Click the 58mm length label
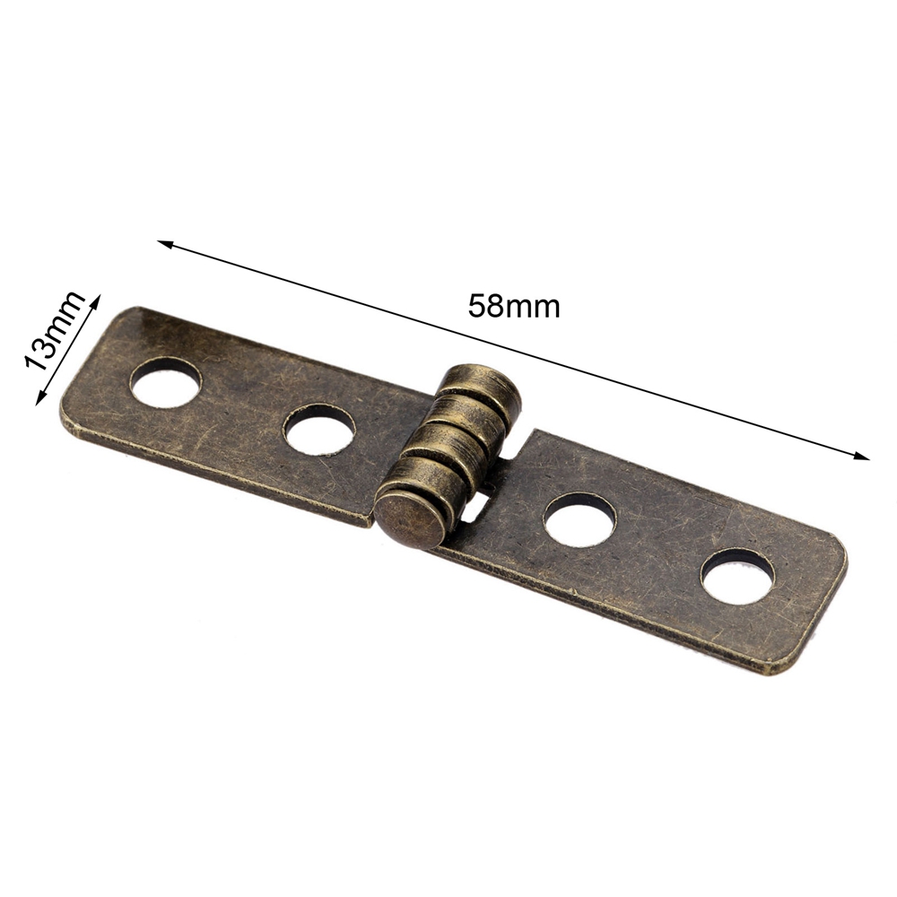coord(514,307)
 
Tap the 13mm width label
coord(53,331)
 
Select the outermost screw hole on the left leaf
coord(166,382)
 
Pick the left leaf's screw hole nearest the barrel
coord(319,431)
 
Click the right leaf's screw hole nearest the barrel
coord(579,518)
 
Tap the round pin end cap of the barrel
coord(410,520)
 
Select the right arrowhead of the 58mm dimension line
coord(861,456)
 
